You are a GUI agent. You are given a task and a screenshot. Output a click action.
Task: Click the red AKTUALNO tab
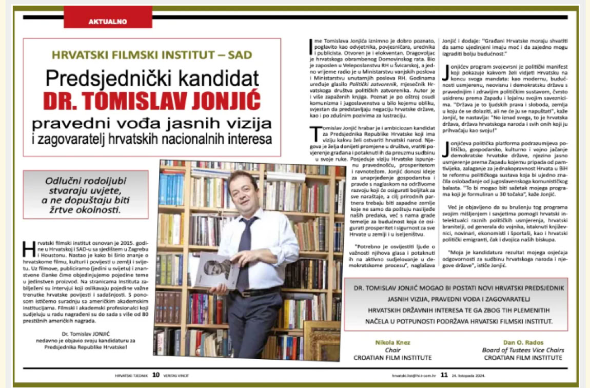(x=108, y=22)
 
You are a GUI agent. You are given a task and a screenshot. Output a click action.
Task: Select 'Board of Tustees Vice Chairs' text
(x=523, y=350)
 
